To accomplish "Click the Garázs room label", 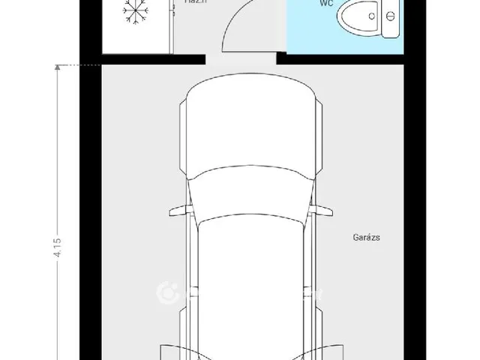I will tap(367, 238).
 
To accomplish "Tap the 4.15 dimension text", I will tap(57, 247).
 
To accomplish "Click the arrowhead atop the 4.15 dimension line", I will tap(57, 68).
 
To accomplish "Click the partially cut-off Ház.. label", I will tap(196, 3).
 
